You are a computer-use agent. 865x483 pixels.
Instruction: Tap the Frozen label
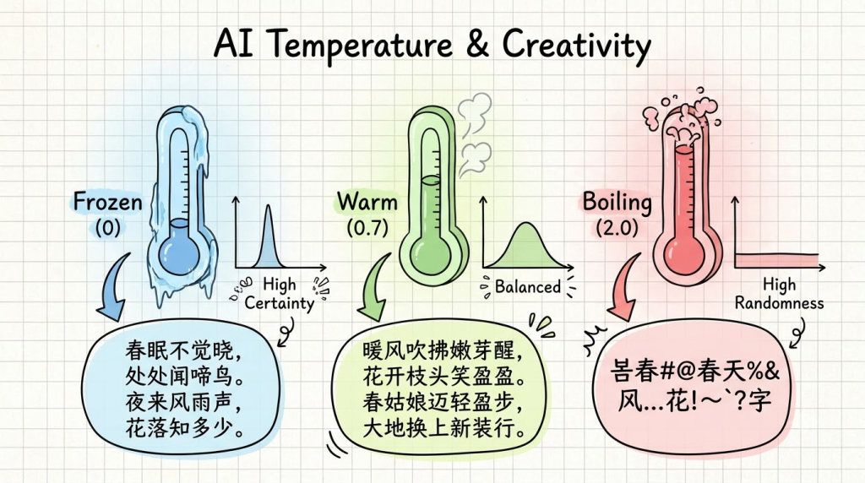[108, 202]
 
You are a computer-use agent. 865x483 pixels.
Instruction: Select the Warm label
[367, 202]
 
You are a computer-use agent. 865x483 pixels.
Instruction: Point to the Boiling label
[617, 203]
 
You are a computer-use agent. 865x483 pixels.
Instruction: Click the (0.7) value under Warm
[367, 227]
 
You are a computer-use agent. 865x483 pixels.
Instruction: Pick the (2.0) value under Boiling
[617, 227]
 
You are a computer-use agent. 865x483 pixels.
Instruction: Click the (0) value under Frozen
[107, 227]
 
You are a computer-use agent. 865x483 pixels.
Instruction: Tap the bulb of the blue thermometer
[179, 253]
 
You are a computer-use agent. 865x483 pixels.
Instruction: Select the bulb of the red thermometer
[683, 253]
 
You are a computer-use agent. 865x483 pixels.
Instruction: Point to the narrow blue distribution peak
[268, 238]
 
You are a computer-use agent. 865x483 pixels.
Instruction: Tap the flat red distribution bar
[775, 260]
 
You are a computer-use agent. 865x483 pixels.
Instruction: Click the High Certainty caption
[279, 293]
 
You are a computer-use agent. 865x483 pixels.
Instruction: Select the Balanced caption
[527, 287]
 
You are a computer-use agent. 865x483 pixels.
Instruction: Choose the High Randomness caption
[779, 293]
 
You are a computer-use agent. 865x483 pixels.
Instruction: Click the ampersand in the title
[478, 44]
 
